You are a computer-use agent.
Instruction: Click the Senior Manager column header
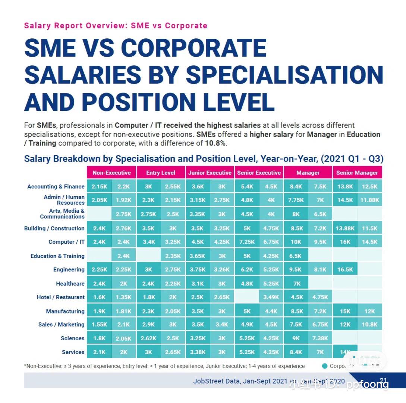(x=357, y=173)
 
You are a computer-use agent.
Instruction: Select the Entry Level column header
(x=160, y=173)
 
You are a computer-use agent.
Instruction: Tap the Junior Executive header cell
(x=210, y=173)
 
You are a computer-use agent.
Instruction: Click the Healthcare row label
(x=70, y=284)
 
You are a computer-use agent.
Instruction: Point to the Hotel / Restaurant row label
(x=60, y=297)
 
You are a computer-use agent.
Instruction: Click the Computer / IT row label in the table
(x=66, y=242)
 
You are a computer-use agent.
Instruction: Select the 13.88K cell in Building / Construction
(x=345, y=228)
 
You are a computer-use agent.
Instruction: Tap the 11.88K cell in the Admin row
(x=369, y=200)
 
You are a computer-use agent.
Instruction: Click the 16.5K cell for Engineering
(x=345, y=269)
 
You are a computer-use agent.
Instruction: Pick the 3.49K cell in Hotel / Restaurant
(x=271, y=297)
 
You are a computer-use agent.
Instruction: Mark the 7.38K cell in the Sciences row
(x=320, y=338)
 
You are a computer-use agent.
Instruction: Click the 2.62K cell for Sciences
(x=148, y=338)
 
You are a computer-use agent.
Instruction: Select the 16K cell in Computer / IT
(x=345, y=242)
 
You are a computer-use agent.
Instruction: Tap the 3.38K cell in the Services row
(x=198, y=352)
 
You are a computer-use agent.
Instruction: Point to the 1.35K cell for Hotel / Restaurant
(x=124, y=297)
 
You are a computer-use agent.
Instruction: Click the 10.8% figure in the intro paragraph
(x=215, y=143)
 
